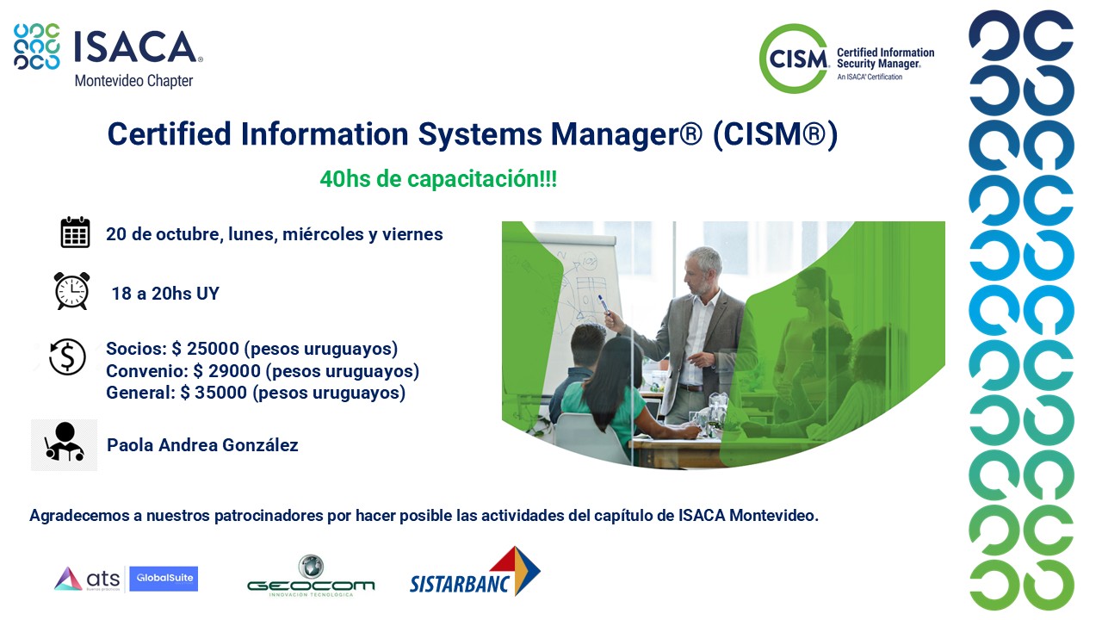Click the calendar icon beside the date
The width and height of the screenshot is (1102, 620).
pos(75,232)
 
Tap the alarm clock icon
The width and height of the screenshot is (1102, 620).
pos(71,291)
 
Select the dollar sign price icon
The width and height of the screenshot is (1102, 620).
pos(67,356)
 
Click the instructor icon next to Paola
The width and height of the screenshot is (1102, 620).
pos(64,445)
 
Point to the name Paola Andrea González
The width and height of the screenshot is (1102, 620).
pos(202,445)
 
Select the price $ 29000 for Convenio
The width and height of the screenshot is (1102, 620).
pos(226,370)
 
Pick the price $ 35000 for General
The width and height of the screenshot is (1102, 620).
pos(214,392)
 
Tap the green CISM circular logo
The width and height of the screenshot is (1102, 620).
pos(794,59)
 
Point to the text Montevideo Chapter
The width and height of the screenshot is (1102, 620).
pos(133,81)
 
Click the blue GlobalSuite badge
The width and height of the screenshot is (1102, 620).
pos(164,579)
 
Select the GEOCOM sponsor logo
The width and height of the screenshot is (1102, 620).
pos(311,576)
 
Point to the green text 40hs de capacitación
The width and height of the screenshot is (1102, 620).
pos(438,178)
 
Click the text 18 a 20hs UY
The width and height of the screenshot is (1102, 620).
pos(165,294)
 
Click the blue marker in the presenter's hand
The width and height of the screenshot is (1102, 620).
pos(604,305)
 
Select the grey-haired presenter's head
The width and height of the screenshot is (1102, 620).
pos(704,270)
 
